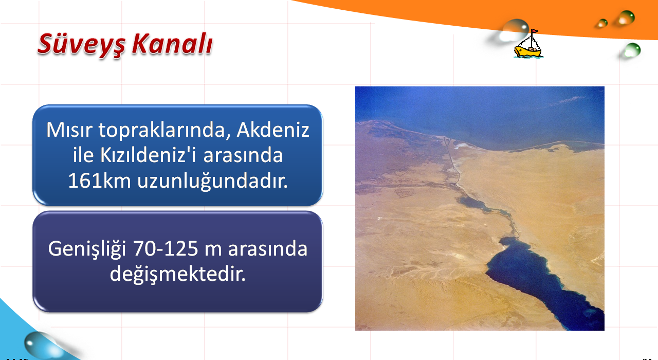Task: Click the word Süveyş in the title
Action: click(81, 45)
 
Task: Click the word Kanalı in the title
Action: click(172, 44)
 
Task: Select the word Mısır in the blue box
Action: click(69, 130)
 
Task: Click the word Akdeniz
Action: click(273, 130)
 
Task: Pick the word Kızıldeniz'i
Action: click(148, 155)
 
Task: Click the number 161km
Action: click(99, 181)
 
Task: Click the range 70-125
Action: click(166, 248)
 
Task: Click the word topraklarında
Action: click(165, 131)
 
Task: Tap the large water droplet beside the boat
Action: click(514, 30)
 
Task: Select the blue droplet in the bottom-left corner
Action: click(41, 345)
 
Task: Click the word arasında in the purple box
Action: click(268, 249)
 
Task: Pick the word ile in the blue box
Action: click(83, 155)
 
